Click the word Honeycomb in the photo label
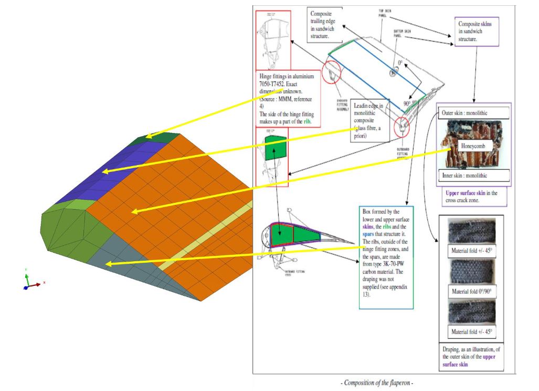click(474, 145)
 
